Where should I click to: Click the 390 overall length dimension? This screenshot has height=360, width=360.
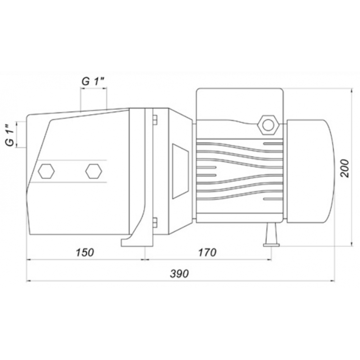pos(179,274)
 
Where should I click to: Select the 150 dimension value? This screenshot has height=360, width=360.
pos(85,253)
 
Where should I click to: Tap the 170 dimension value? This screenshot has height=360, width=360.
pos(207,253)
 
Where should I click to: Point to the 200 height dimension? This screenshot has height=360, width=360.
pos(345,168)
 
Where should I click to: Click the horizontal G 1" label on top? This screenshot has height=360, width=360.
pos(93,81)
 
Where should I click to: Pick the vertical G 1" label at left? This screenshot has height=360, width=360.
pos(10,135)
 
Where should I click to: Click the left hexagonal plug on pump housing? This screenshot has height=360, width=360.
pos(46,171)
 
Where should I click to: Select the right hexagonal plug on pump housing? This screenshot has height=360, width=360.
pos(94,171)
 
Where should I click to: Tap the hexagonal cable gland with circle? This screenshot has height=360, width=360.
pos(269,125)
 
